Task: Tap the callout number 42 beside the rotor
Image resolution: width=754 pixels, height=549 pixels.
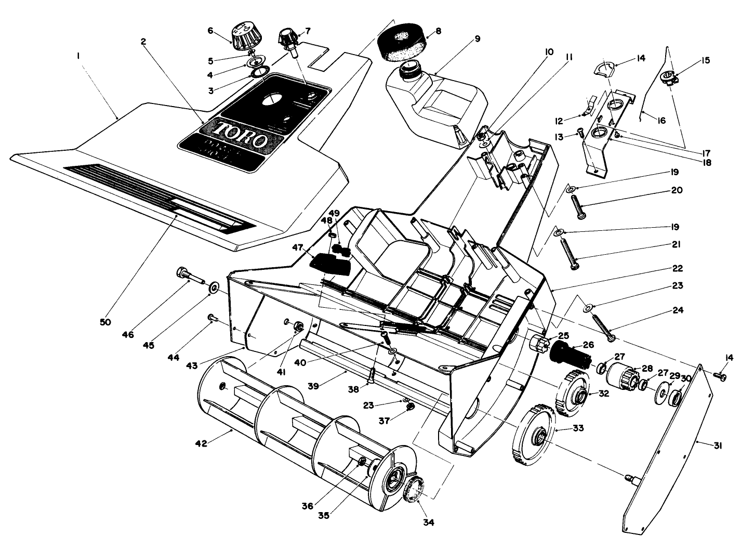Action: [x=201, y=443]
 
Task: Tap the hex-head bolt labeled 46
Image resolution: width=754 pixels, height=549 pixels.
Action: [x=190, y=275]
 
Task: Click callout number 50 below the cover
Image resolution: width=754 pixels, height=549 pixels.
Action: [x=105, y=322]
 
